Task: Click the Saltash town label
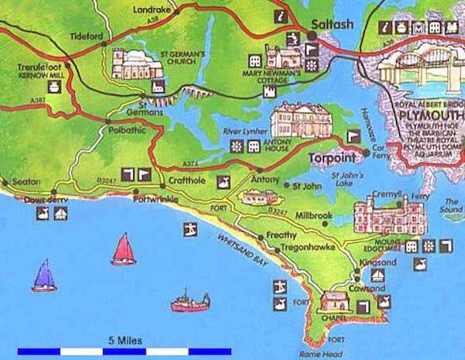pos(332,24)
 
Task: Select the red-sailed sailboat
pos(122,250)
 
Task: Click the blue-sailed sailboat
pos(44,276)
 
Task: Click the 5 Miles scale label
pos(125,341)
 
